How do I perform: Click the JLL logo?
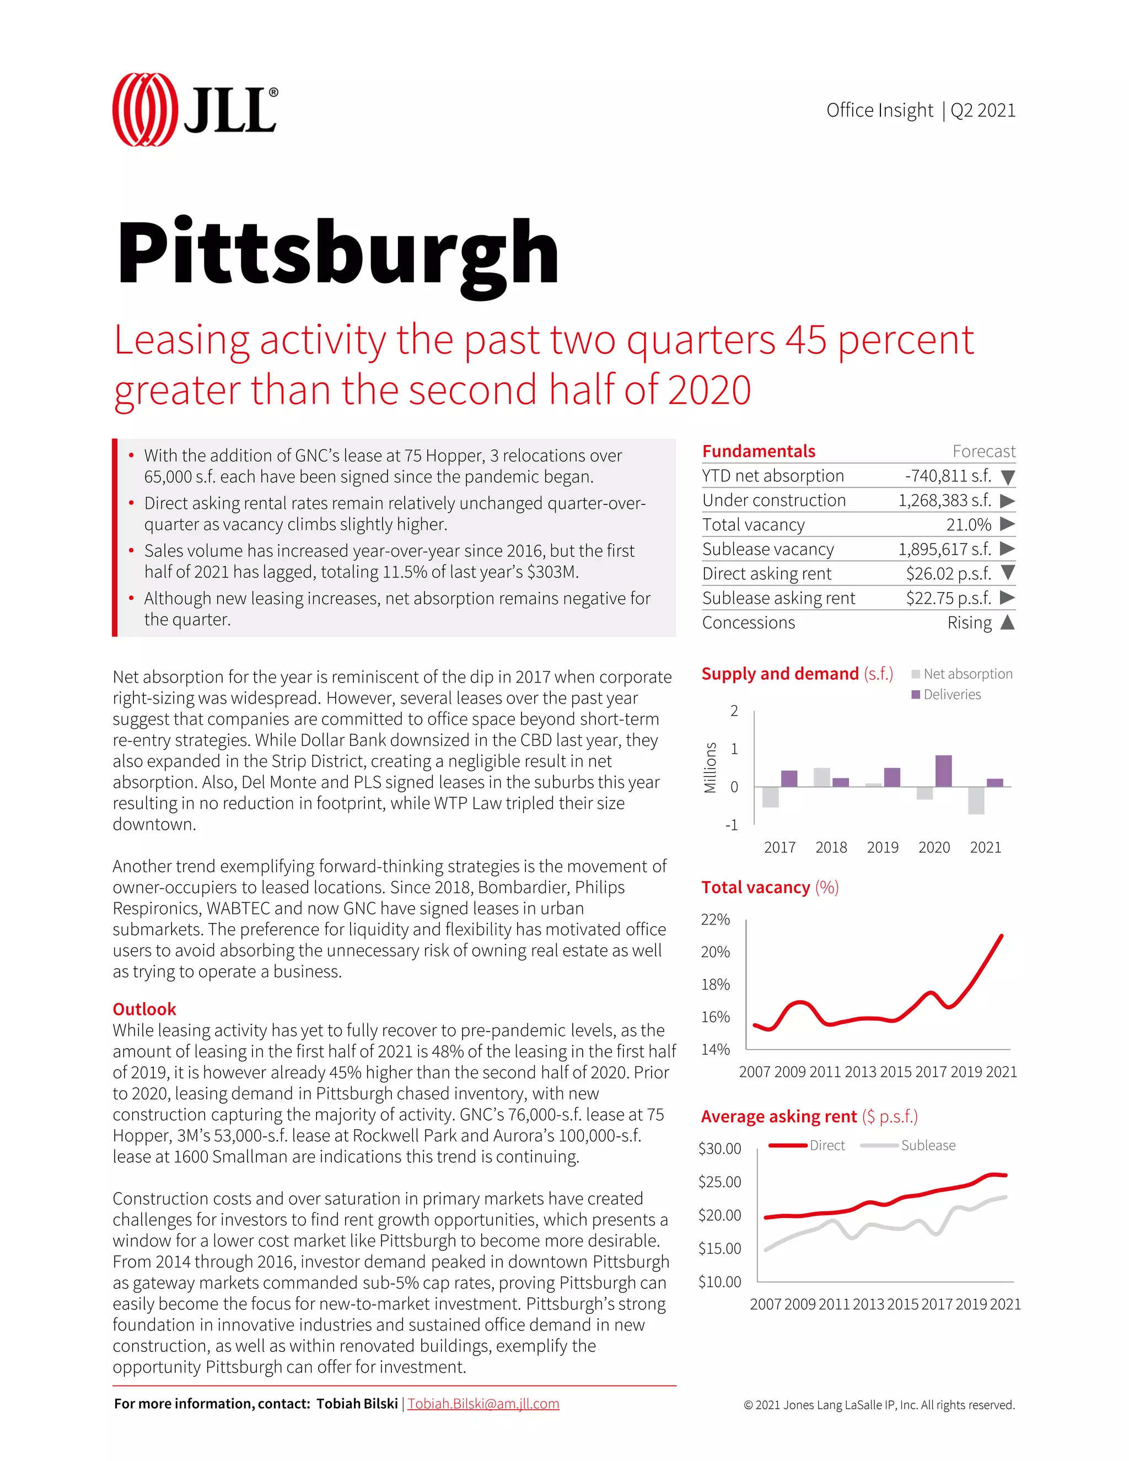[195, 110]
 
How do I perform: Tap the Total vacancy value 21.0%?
[968, 525]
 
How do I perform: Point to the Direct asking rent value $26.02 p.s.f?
[948, 574]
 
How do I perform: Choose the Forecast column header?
[983, 452]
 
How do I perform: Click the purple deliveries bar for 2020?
[943, 771]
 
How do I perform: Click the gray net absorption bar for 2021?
[976, 800]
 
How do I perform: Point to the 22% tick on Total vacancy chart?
[715, 920]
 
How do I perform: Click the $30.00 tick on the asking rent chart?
[719, 1148]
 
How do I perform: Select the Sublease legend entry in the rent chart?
[927, 1145]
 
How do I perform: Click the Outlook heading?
[144, 1009]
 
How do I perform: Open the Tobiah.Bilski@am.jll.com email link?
[483, 1404]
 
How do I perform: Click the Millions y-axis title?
[710, 768]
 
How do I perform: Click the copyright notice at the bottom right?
[879, 1405]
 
